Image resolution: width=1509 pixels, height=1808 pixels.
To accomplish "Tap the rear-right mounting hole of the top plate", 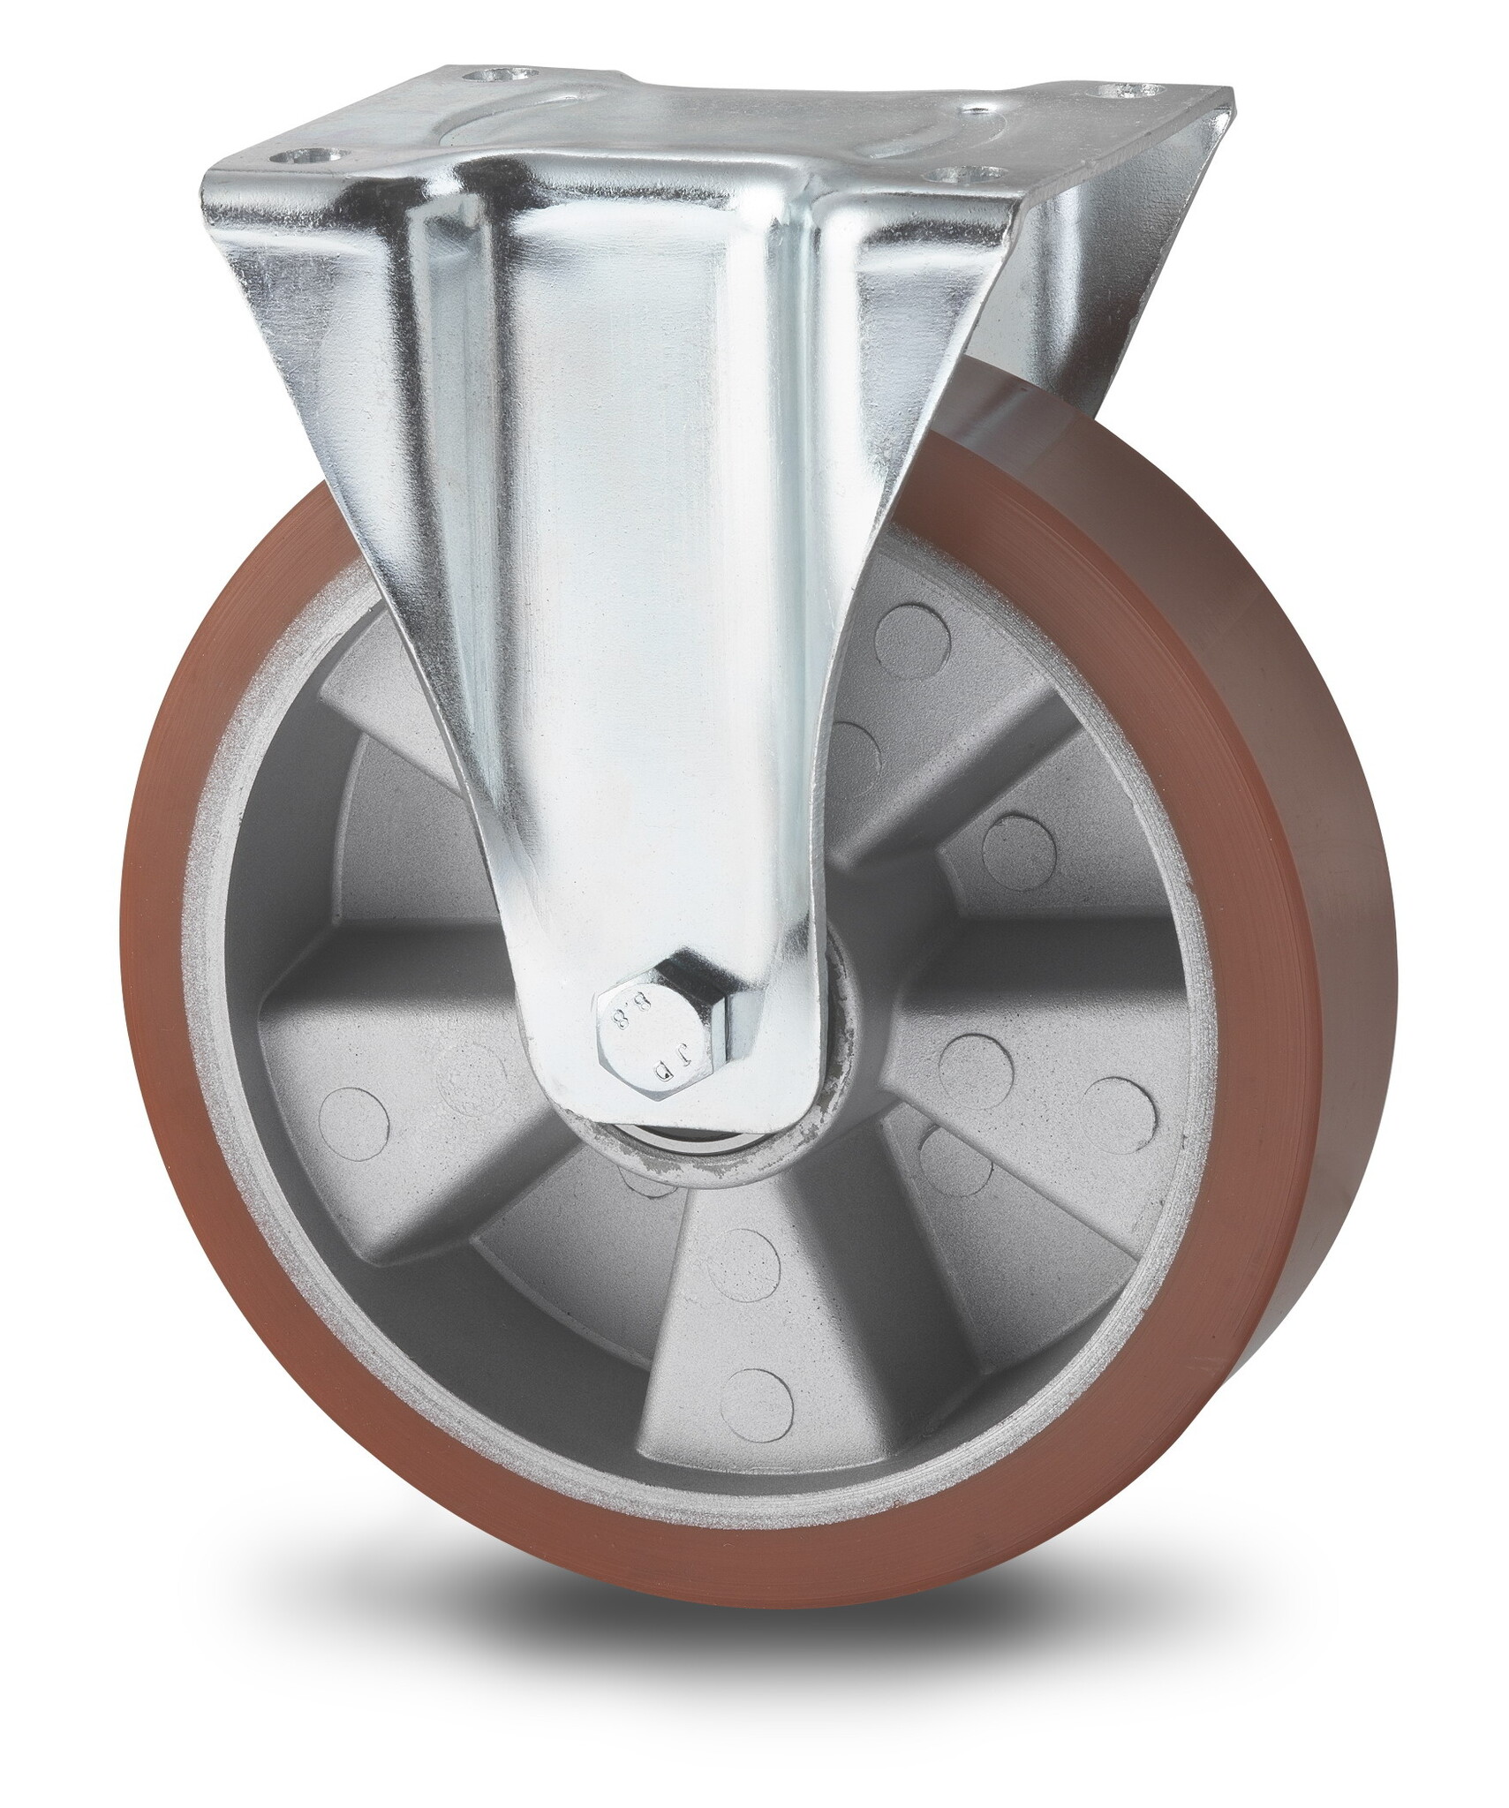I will (x=1129, y=90).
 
